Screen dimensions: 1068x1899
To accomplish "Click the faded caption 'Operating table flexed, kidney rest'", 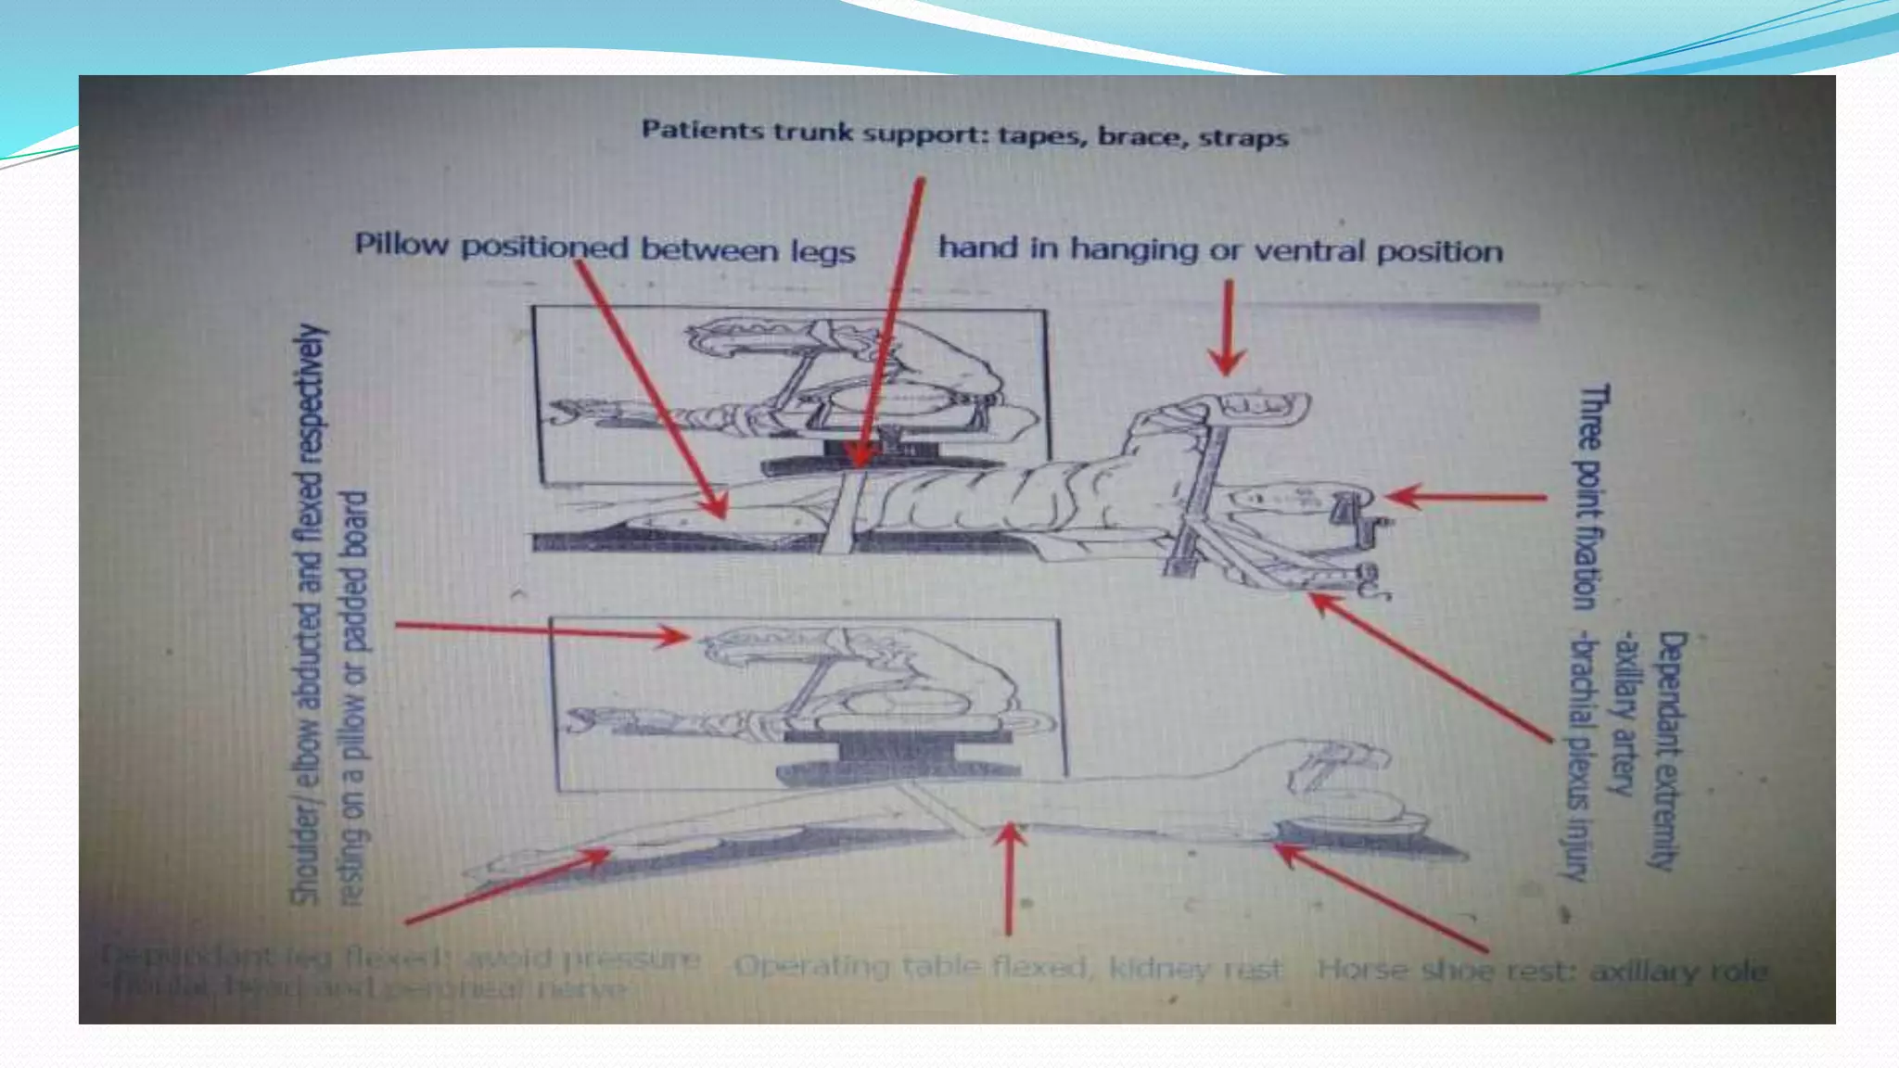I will [x=1009, y=968].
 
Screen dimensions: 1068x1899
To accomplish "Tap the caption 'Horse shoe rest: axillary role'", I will [x=1542, y=971].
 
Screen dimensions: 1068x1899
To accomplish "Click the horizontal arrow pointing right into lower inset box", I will [x=542, y=631].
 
